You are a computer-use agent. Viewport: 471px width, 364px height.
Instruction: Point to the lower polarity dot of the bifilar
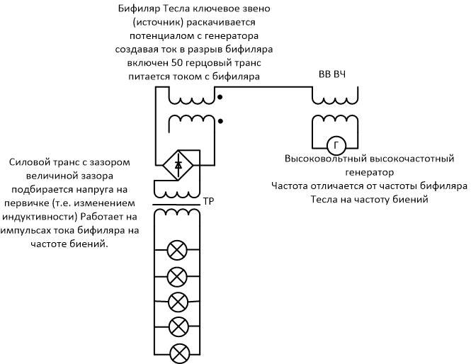pyautogui.click(x=220, y=121)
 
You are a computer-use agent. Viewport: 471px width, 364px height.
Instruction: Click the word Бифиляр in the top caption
pyautogui.click(x=140, y=9)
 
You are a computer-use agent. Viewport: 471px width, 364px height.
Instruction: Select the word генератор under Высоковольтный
pyautogui.click(x=368, y=172)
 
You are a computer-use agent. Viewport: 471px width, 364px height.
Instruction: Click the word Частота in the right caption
pyautogui.click(x=291, y=186)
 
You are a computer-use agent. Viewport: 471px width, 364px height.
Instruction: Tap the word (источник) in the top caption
pyautogui.click(x=159, y=23)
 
